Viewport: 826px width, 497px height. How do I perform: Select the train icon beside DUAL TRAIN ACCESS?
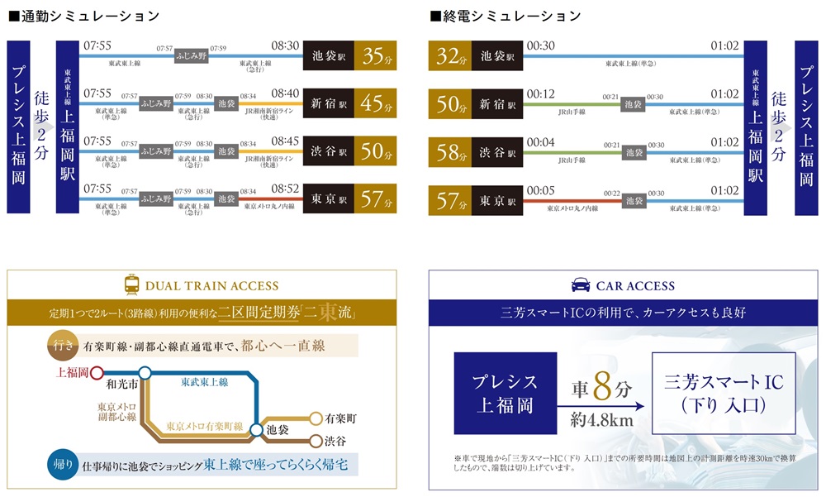click(131, 285)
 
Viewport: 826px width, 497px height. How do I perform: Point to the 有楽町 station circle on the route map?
click(316, 418)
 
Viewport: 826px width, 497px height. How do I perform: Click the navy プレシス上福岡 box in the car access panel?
click(504, 394)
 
